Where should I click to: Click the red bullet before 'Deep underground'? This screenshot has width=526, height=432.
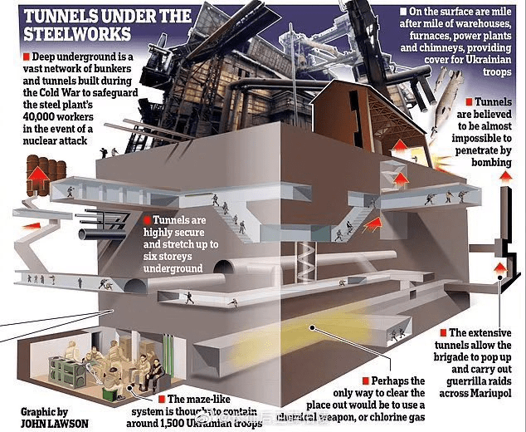[x=18, y=56]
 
